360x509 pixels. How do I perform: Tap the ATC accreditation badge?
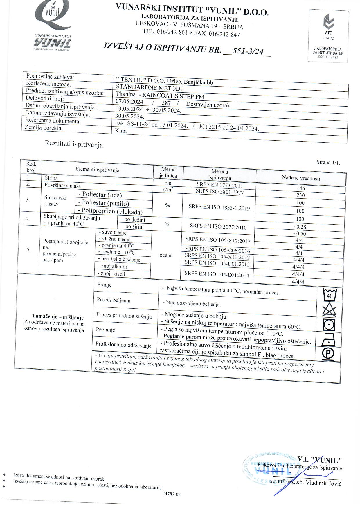point(328,35)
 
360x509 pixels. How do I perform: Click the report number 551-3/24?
point(246,51)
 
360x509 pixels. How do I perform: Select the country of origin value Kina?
point(121,131)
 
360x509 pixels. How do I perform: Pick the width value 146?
point(301,188)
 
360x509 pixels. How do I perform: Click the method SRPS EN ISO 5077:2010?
point(218,226)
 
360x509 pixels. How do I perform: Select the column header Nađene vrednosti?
point(301,178)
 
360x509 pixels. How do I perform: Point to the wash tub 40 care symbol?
point(330,294)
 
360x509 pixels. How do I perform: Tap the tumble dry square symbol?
point(329,325)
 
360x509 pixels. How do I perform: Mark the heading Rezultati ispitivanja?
point(74,144)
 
